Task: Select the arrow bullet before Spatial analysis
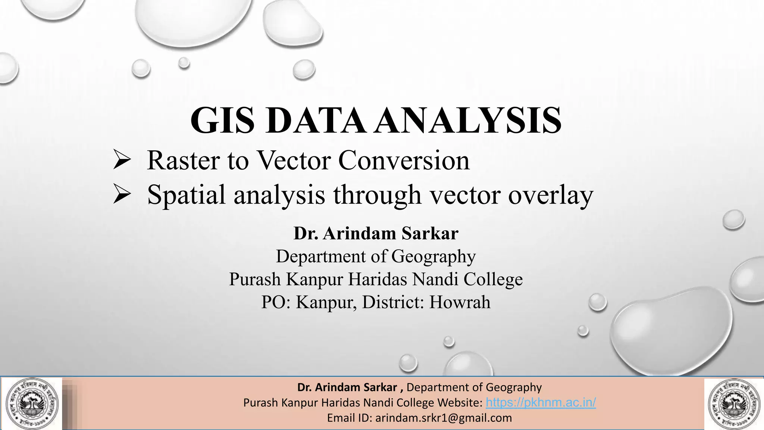[x=122, y=195]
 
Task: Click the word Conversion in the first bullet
[x=404, y=161]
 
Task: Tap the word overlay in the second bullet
[x=551, y=195]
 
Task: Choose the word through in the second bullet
[x=377, y=195]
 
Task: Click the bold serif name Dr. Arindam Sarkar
[x=376, y=234]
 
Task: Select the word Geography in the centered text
[x=433, y=257]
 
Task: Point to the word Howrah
[x=460, y=302]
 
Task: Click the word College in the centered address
[x=493, y=280]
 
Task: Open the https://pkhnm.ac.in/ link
[x=541, y=403]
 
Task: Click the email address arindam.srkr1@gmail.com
[x=444, y=418]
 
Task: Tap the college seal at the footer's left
[x=32, y=403]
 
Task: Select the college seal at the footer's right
[x=733, y=403]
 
